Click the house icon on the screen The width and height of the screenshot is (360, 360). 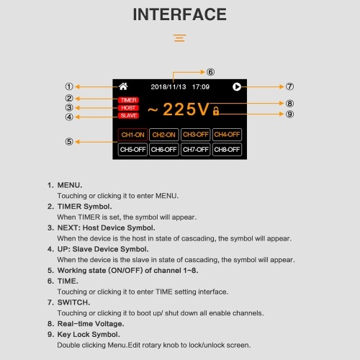click(x=123, y=86)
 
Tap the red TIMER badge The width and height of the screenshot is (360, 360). click(x=128, y=100)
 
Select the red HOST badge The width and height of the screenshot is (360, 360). click(x=128, y=108)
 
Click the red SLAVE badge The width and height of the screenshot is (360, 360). click(x=128, y=115)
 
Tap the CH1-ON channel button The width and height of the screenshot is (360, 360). click(x=132, y=135)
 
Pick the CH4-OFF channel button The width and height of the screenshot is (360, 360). click(x=227, y=135)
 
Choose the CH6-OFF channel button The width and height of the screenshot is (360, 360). click(x=164, y=150)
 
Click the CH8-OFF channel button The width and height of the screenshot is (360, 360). click(x=227, y=150)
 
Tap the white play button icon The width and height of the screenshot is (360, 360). click(x=237, y=86)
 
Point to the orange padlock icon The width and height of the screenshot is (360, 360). click(x=216, y=111)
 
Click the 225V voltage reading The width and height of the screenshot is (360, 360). click(x=186, y=109)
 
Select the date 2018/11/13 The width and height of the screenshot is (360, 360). click(x=168, y=86)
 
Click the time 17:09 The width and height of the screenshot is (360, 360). click(x=201, y=86)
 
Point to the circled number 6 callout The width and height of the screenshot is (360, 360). click(x=210, y=72)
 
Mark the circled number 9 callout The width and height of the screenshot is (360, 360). click(x=289, y=114)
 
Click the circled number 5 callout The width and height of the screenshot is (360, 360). click(x=69, y=142)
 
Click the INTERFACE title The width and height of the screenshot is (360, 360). click(x=180, y=14)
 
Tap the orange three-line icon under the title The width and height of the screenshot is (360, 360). click(x=180, y=38)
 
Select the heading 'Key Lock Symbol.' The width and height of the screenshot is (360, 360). click(x=89, y=334)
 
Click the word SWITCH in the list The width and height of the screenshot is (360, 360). click(x=73, y=302)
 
